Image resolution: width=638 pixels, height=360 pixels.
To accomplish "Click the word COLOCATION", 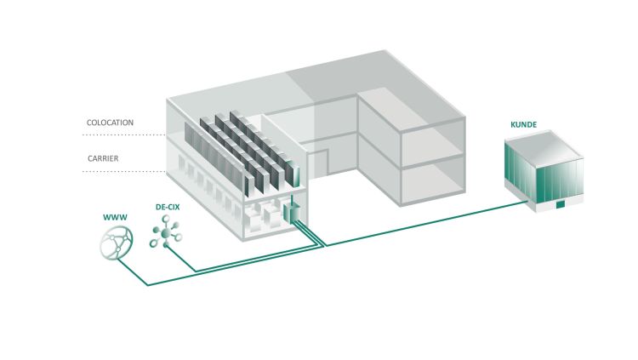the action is point(110,123).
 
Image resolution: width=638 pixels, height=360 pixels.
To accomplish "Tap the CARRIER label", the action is point(103,158).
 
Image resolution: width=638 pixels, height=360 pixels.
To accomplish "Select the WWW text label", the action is point(115,218).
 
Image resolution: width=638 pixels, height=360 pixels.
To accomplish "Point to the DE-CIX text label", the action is point(168,207).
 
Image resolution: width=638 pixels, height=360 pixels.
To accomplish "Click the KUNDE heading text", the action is point(524,124).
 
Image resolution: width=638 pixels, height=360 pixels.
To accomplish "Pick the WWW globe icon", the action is point(117,243).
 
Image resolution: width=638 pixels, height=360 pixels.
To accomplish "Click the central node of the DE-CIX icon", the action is point(166,233).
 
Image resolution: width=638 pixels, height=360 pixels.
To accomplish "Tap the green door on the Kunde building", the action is point(561,204).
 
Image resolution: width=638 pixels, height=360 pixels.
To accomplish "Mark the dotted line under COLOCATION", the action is point(123,134).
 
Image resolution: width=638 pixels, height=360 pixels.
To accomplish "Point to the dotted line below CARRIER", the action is point(123,171).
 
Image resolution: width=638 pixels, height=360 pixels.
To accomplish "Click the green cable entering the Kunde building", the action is point(426,223).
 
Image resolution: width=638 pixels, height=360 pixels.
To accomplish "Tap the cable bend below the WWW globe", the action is point(148,285).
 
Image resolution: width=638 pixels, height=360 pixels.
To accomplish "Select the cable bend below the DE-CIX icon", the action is point(196,271).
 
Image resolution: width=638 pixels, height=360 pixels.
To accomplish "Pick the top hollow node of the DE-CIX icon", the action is point(166,219).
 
